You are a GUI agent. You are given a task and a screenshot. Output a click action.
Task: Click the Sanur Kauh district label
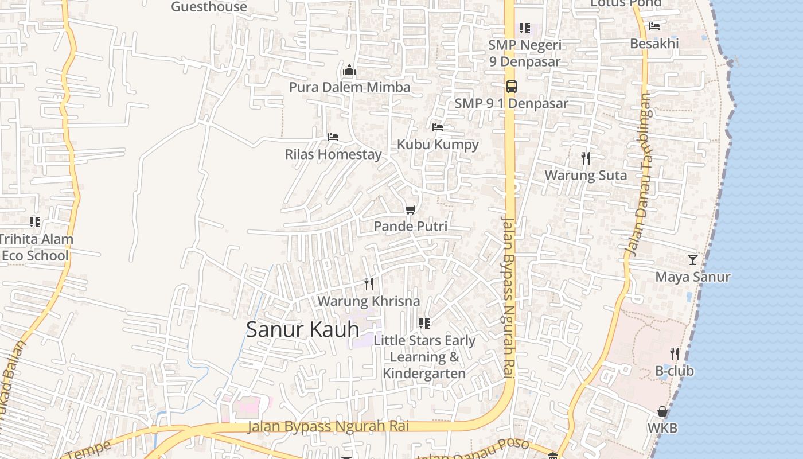302,330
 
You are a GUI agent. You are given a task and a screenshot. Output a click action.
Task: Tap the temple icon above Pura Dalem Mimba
349,71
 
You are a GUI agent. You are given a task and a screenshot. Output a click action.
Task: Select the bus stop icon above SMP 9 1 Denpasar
511,87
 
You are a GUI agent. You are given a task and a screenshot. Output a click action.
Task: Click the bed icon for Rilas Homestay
333,137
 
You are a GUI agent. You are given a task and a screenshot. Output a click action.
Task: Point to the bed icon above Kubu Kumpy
438,127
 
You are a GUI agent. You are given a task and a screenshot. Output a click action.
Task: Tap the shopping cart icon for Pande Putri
410,209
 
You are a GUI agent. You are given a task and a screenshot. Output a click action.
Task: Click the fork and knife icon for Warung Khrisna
369,283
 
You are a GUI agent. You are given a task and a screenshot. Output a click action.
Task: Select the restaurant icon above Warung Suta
586,158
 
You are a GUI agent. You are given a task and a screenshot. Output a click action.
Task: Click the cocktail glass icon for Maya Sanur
693,259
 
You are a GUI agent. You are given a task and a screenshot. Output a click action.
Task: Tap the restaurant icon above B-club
675,353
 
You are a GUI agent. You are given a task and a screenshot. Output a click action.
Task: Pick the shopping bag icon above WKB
662,411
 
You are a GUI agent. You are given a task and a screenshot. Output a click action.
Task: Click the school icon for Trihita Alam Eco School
35,221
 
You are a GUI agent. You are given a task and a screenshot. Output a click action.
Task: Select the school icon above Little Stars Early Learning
424,324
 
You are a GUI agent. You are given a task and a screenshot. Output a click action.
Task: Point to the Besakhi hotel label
654,44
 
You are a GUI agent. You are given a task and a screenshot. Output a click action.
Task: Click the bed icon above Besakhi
654,26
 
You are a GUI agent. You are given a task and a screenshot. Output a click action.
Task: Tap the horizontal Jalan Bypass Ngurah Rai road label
328,426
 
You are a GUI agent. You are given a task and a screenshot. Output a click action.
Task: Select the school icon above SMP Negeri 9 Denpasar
524,28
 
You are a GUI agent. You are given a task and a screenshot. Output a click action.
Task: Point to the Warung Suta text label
586,175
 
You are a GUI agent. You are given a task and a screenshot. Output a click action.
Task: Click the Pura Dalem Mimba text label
349,87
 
